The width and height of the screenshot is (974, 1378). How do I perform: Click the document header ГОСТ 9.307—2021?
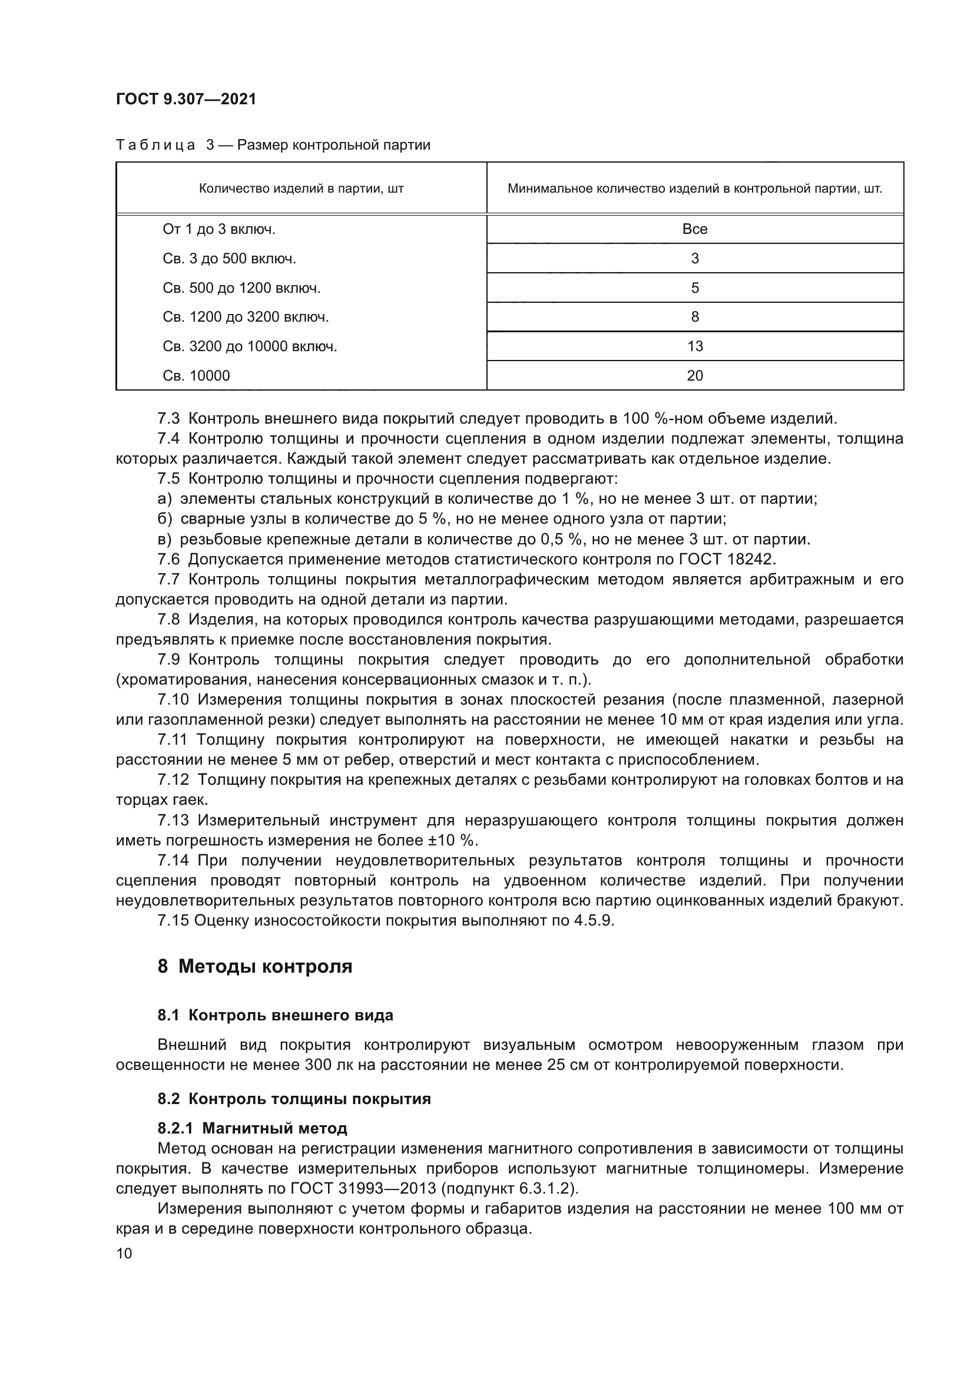186,99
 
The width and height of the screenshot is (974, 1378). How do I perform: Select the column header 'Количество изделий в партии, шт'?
301,189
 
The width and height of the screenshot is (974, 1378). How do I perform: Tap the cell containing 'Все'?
694,229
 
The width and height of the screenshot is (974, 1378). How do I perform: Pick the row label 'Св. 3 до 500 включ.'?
229,259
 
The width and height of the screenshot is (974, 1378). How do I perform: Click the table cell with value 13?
694,346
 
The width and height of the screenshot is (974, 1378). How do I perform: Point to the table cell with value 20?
694,376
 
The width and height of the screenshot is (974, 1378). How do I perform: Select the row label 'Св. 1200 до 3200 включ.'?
246,317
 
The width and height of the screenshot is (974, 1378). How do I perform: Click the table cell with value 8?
694,317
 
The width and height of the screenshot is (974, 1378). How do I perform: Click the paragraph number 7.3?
168,418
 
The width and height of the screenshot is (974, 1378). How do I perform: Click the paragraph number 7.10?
173,699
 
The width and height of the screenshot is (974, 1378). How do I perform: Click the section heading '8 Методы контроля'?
255,967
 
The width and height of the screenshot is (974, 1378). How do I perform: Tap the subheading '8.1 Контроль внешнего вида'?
275,1016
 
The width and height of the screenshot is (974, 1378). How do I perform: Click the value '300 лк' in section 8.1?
327,1065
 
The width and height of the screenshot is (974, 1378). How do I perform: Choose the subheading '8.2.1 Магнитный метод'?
253,1128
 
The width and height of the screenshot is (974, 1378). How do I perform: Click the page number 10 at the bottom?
124,1253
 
